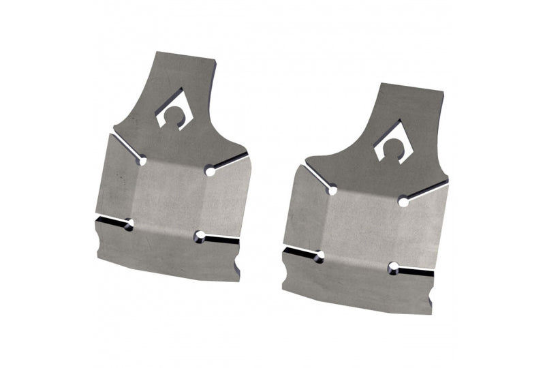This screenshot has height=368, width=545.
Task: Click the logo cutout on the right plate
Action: pyautogui.click(x=394, y=142)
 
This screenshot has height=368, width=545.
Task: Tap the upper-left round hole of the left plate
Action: pyautogui.click(x=142, y=161)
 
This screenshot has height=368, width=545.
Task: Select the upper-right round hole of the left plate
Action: pyautogui.click(x=211, y=170)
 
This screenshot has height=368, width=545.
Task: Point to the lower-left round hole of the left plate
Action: pyautogui.click(x=129, y=224)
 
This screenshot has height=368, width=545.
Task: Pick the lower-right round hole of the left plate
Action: pyautogui.click(x=200, y=236)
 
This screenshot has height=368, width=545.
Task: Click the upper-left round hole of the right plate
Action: pyautogui.click(x=332, y=190)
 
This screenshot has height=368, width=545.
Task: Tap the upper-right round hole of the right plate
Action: pyautogui.click(x=403, y=201)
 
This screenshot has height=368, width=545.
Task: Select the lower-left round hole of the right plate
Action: pyautogui.click(x=318, y=257)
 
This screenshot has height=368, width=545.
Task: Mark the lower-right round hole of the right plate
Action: pyautogui.click(x=393, y=268)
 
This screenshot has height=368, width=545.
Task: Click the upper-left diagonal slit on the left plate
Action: pyautogui.click(x=126, y=147)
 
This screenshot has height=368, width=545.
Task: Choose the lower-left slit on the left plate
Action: pyautogui.click(x=110, y=221)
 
